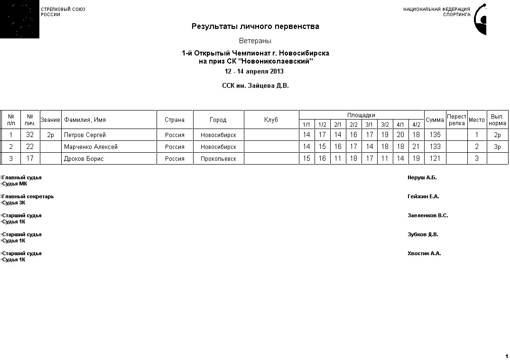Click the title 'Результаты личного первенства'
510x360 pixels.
(x=255, y=27)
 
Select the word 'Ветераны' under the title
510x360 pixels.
(x=255, y=41)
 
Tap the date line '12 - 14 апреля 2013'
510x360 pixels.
(x=254, y=72)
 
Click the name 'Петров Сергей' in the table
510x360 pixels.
(x=85, y=135)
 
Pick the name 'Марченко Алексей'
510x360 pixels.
(x=91, y=147)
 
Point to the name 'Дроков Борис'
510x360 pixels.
(x=83, y=159)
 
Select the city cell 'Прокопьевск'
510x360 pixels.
(x=218, y=159)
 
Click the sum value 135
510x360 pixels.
(x=435, y=135)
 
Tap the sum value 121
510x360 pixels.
(x=435, y=159)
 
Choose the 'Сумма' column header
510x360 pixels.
(x=435, y=120)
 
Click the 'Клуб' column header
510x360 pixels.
(x=271, y=120)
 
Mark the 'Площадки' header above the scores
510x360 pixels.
(x=361, y=115)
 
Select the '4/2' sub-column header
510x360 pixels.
(x=416, y=125)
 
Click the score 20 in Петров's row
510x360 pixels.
(x=400, y=135)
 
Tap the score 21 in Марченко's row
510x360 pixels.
(x=416, y=147)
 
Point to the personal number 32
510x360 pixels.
(x=30, y=135)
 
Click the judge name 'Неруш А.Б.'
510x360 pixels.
(x=422, y=178)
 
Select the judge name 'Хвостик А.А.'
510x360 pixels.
(x=424, y=254)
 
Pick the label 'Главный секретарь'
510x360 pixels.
(x=28, y=197)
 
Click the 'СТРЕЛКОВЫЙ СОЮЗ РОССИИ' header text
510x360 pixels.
(x=63, y=12)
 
